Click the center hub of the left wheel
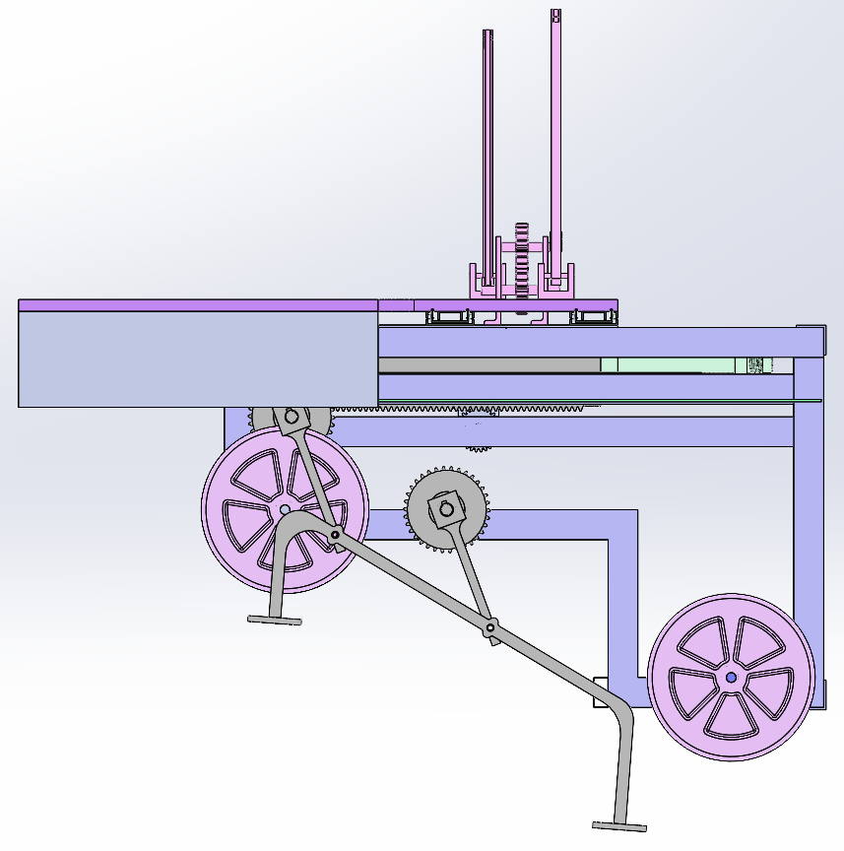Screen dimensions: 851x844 284,509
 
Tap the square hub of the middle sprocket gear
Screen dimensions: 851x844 445,509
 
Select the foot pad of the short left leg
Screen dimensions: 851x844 274,620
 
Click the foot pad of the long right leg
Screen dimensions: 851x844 619,825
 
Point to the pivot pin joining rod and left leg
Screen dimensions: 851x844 336,535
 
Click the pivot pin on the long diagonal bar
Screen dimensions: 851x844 490,627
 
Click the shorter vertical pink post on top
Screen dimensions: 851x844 487,148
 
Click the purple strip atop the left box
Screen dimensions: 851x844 197,305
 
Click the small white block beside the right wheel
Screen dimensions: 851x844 600,691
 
